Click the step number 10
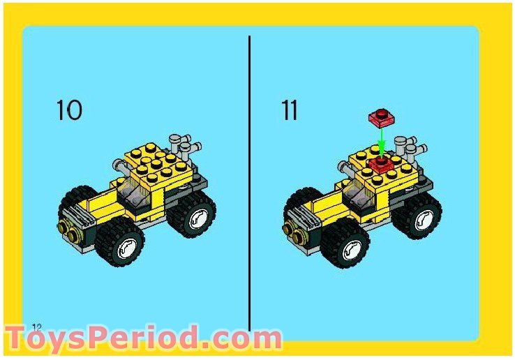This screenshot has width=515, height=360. [x=68, y=110]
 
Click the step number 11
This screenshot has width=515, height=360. [x=290, y=110]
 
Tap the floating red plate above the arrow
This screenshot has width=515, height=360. [x=380, y=116]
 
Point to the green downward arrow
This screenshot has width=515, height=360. [x=381, y=142]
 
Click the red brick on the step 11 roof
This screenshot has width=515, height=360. [x=380, y=164]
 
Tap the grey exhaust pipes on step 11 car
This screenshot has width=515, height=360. [x=410, y=147]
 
